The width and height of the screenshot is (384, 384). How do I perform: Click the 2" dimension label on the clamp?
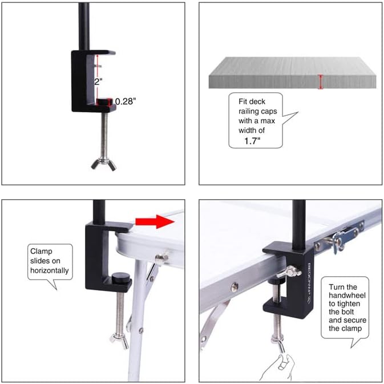coord(98,82)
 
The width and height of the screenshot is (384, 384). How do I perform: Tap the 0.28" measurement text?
coord(126,101)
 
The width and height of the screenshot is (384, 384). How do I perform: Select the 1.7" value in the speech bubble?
coord(252,141)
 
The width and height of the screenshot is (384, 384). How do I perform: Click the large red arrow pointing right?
coord(155,221)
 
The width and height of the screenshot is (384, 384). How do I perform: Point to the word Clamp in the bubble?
coord(41,251)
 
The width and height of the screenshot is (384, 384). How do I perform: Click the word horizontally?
coord(50,270)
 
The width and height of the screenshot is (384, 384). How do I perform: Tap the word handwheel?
coord(347,296)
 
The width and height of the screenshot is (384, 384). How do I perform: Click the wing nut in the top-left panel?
coord(104,164)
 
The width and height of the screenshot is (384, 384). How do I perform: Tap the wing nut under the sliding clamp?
coord(119,341)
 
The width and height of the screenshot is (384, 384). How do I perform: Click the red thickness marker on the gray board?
coord(321,82)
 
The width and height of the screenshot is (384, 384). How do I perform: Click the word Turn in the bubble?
coord(337,287)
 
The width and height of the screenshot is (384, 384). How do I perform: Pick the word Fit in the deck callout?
coord(244,102)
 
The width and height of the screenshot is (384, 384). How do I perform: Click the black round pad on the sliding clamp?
coord(121,277)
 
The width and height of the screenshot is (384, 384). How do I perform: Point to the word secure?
coord(354,320)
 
